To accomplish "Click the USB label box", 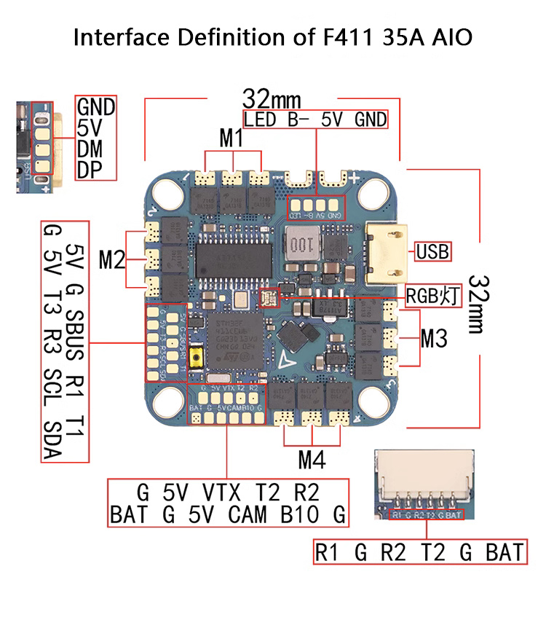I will (x=432, y=252).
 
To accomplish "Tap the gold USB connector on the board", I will (x=386, y=251).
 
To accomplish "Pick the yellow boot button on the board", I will (x=196, y=357).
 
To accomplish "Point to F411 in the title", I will (x=343, y=37).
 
